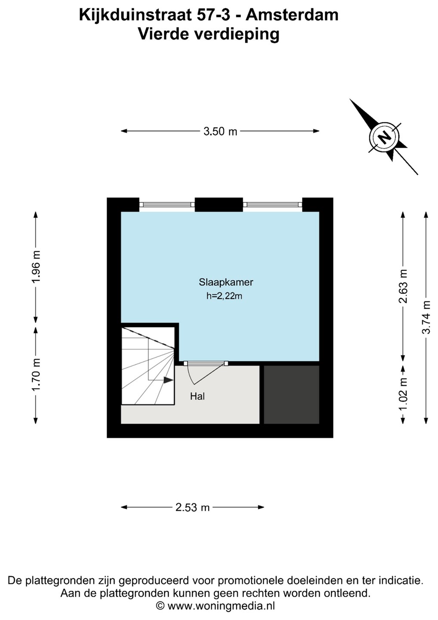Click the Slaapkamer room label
225,282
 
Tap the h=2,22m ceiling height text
224,296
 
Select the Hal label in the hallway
197,396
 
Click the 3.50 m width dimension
220,131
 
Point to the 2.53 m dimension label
192,507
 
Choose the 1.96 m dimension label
36,267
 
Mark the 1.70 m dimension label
36,375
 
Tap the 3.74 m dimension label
426,317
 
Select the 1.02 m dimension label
403,394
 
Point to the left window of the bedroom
167,205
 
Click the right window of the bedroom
272,205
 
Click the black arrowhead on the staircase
168,380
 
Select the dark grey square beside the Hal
291,394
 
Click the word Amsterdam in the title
292,15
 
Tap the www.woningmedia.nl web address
221,606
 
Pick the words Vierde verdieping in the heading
209,34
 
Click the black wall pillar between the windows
219,205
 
